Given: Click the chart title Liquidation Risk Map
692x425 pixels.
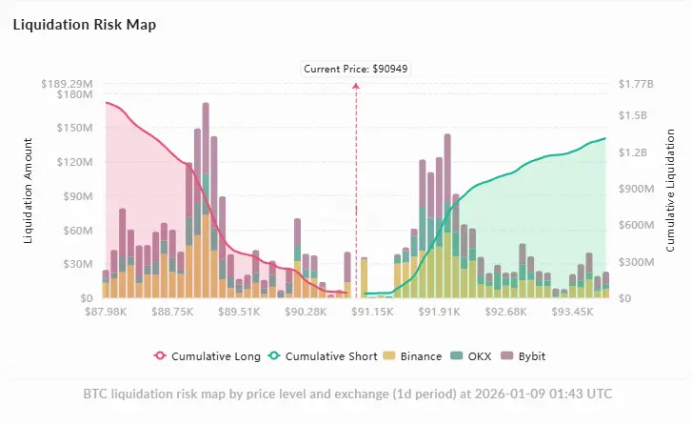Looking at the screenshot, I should tap(84, 25).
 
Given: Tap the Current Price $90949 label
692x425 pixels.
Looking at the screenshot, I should tap(356, 69).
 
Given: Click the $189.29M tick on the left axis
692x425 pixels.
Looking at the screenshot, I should tap(67, 84).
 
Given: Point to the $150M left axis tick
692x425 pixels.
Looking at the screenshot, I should tap(73, 128).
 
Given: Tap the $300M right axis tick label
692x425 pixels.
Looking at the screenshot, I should tap(637, 261).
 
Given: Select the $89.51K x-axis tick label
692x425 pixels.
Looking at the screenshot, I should tap(238, 311).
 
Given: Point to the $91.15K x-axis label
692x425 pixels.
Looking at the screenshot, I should tap(372, 311).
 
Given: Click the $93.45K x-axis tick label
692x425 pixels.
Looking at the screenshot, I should tap(573, 311).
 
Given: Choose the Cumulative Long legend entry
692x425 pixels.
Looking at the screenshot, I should tap(208, 356).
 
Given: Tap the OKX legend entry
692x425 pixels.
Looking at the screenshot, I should tap(475, 356).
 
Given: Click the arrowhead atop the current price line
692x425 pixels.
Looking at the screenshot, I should tap(357, 85).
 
